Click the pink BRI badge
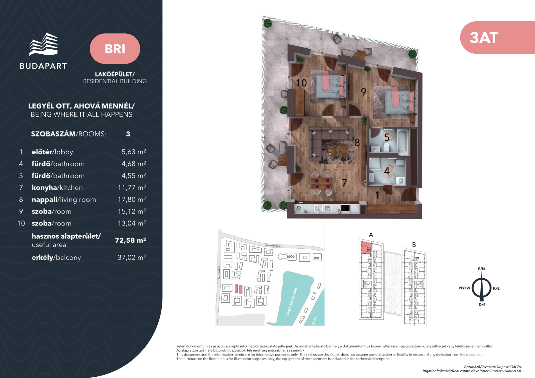click(x=115, y=49)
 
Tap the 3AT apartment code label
click(x=484, y=38)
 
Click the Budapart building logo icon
click(x=44, y=44)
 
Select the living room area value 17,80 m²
click(x=132, y=199)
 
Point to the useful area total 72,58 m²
click(x=130, y=240)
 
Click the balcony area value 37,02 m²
click(x=132, y=257)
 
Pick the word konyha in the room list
click(x=44, y=187)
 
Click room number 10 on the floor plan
click(x=301, y=83)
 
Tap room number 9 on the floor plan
click(x=363, y=91)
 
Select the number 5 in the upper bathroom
click(x=387, y=137)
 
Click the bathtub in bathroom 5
click(x=403, y=142)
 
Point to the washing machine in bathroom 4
click(x=401, y=181)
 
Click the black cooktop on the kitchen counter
click(x=345, y=208)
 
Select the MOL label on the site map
click(x=291, y=257)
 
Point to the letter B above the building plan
click(x=414, y=245)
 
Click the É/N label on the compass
click(x=481, y=269)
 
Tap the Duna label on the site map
click(x=314, y=321)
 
